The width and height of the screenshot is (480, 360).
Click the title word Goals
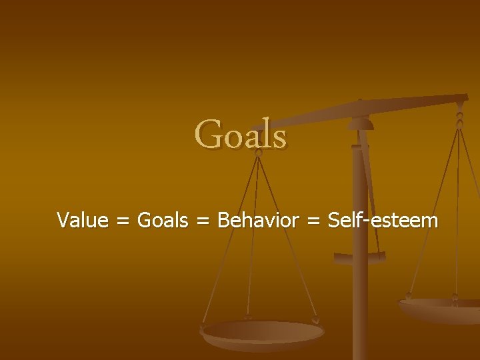click(x=241, y=134)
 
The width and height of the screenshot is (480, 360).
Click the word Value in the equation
click(x=83, y=220)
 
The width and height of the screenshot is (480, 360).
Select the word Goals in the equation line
click(x=163, y=220)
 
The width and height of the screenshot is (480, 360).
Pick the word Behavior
click(x=258, y=220)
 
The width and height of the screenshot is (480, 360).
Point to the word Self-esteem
click(x=383, y=220)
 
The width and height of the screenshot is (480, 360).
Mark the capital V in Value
click(x=64, y=220)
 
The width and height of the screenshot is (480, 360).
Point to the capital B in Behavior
click(x=224, y=220)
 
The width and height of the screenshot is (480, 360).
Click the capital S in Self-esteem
click(x=335, y=220)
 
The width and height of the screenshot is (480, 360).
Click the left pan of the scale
click(x=263, y=332)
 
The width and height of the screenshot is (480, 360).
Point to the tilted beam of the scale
click(x=373, y=111)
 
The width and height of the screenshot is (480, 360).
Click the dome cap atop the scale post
click(x=361, y=123)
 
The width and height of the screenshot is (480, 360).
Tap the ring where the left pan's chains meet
click(x=258, y=152)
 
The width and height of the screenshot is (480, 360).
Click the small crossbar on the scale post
click(x=360, y=257)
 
